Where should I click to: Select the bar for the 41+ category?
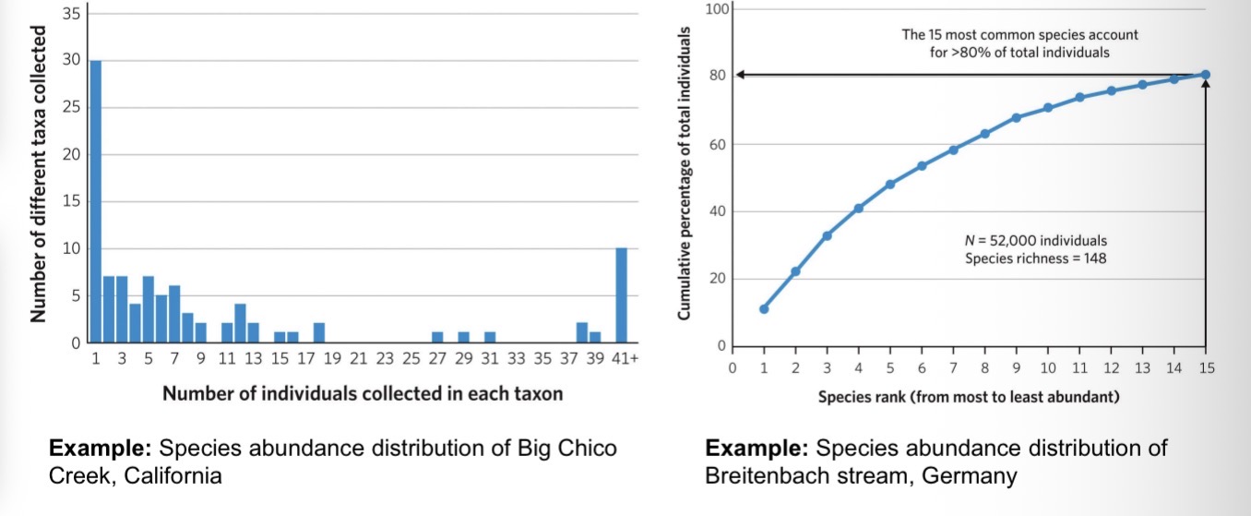(622, 295)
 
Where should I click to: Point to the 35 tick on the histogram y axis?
(70, 14)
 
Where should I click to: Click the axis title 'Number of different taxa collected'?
(39, 174)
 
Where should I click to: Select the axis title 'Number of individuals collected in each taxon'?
(363, 393)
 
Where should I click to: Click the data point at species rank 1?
(764, 309)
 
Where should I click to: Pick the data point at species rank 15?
(1206, 75)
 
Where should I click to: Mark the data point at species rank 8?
(985, 134)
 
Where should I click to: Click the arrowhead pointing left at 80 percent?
(741, 75)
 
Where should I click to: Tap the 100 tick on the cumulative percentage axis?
(719, 9)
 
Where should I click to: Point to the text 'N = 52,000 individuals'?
(1035, 241)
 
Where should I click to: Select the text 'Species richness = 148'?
(1035, 258)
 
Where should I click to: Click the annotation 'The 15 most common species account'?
(1019, 35)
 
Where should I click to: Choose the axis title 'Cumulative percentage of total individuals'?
(685, 174)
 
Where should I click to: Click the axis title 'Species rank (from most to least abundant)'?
(969, 397)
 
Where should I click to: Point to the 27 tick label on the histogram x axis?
(437, 358)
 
